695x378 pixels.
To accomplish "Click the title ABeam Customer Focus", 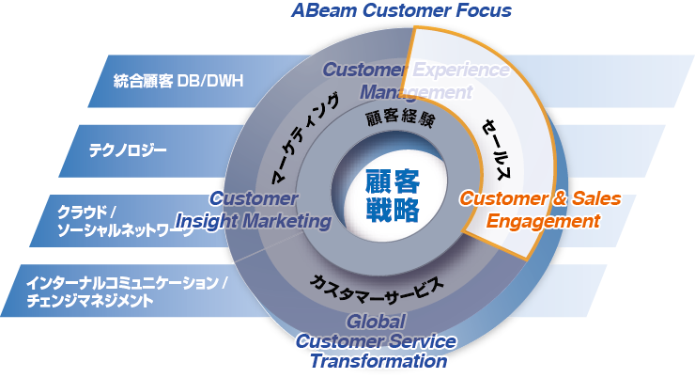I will pos(401,11).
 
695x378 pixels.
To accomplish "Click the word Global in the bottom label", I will pos(375,322).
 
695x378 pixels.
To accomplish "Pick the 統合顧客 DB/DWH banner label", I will pos(178,81).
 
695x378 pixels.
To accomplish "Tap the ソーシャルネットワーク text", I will pos(125,230).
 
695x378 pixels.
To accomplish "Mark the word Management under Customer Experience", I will pos(416,92).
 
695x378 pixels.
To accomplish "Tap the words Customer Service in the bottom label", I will pos(376,341).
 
